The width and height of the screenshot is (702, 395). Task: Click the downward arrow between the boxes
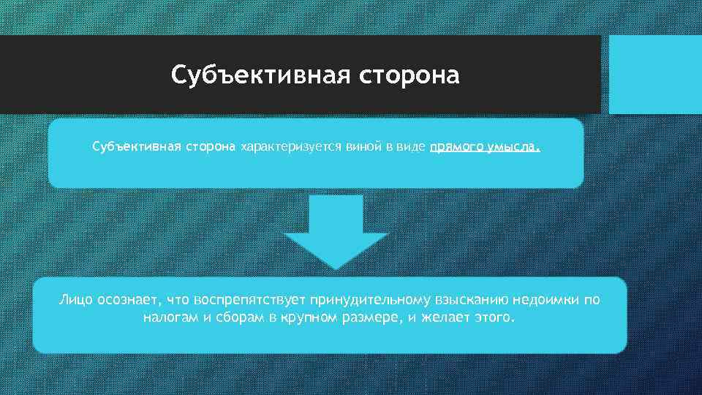point(335,230)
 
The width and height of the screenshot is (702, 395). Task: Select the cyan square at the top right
point(654,74)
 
